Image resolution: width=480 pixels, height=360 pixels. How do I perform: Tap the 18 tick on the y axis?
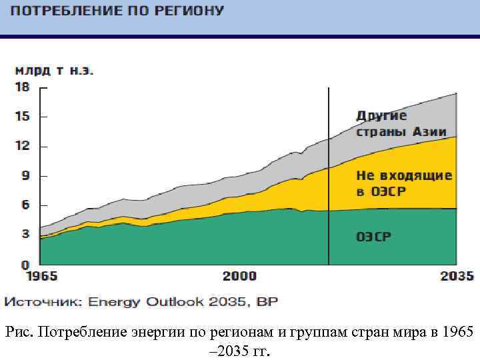click(x=23, y=87)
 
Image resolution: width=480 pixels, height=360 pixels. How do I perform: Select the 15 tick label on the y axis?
click(x=23, y=117)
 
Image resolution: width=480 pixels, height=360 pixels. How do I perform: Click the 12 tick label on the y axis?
click(x=23, y=146)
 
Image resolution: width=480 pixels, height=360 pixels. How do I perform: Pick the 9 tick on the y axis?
click(x=25, y=176)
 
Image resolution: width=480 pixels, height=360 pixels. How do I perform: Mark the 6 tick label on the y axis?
click(x=25, y=205)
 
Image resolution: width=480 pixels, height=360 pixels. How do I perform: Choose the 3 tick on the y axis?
click(x=25, y=235)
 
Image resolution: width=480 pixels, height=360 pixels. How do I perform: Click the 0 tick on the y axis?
click(x=25, y=264)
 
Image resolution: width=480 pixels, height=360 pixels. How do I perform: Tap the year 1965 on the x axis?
click(x=41, y=276)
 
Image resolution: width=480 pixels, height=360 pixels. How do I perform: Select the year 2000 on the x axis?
click(x=239, y=276)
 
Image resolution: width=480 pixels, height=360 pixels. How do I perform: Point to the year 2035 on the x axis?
click(x=457, y=276)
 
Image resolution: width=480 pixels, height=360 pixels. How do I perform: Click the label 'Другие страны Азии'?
click(x=401, y=123)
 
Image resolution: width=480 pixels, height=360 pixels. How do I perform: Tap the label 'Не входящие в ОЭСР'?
click(x=404, y=183)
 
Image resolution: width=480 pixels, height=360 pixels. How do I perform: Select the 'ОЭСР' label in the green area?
click(x=374, y=236)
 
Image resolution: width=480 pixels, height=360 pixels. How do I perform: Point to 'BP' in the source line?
click(x=269, y=302)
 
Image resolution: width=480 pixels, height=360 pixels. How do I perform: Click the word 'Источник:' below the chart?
click(x=44, y=302)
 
